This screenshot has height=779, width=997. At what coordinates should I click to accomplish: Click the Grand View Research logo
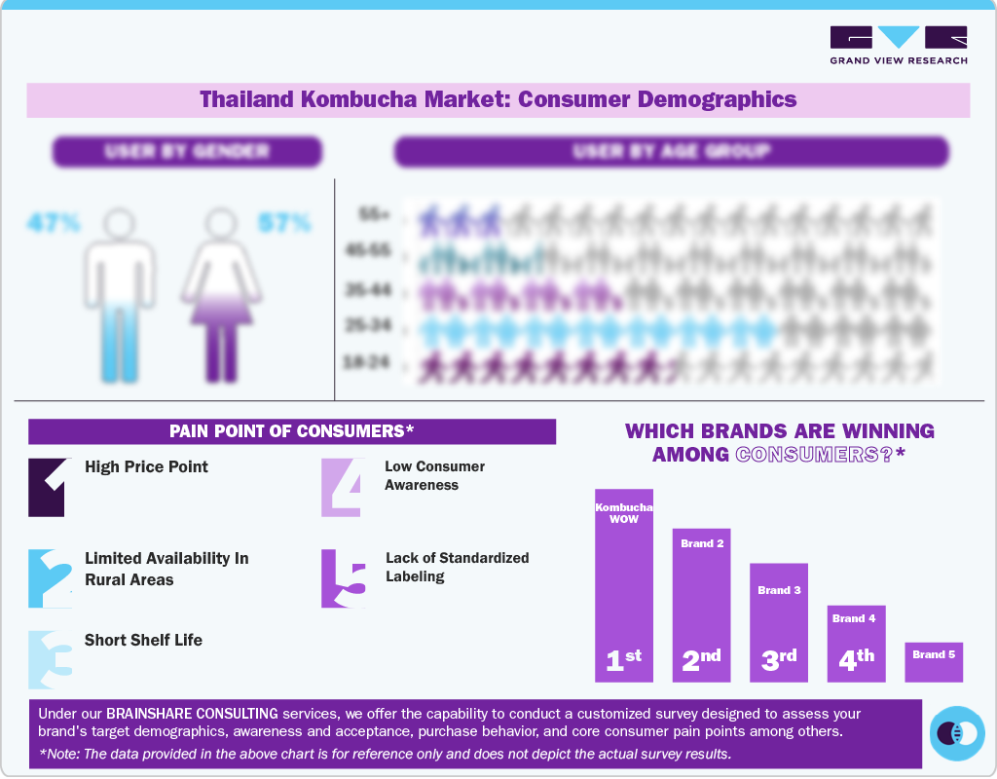click(x=898, y=45)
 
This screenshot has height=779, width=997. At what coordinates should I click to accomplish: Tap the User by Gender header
click(x=187, y=151)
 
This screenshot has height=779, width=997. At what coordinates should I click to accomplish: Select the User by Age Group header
click(x=671, y=151)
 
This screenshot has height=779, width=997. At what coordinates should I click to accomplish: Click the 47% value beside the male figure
click(x=53, y=223)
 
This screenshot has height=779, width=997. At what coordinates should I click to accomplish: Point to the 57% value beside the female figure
click(x=284, y=223)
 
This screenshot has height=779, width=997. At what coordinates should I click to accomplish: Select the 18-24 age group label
click(x=366, y=363)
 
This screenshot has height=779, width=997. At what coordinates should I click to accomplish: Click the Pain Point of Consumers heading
click(x=291, y=431)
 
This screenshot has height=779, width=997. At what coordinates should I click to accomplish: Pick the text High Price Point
click(x=146, y=466)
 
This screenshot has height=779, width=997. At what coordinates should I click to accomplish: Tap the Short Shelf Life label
click(x=143, y=640)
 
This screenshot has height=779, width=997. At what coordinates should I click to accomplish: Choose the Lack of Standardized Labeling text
click(x=457, y=567)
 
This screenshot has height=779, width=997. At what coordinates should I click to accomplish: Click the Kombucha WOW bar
click(x=624, y=584)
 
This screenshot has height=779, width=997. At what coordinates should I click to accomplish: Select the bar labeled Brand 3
click(x=779, y=623)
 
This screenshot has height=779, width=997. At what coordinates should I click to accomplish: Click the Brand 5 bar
click(x=934, y=661)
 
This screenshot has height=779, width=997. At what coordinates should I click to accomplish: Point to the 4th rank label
click(x=857, y=660)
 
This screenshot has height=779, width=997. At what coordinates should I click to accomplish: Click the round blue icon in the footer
click(x=957, y=732)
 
